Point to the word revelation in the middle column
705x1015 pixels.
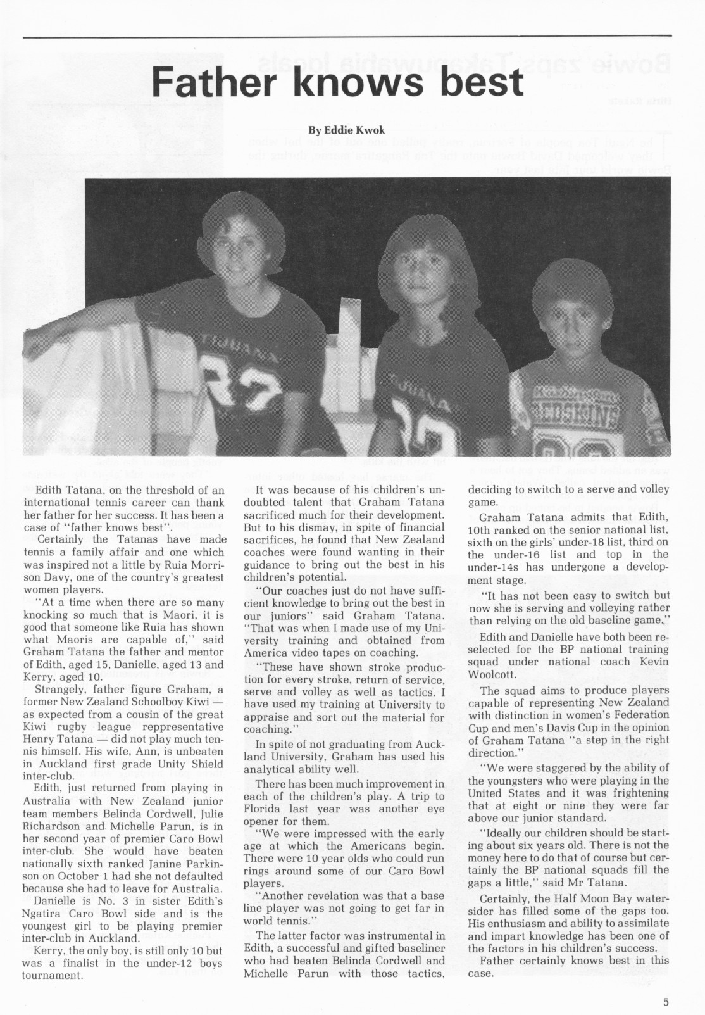(340, 895)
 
